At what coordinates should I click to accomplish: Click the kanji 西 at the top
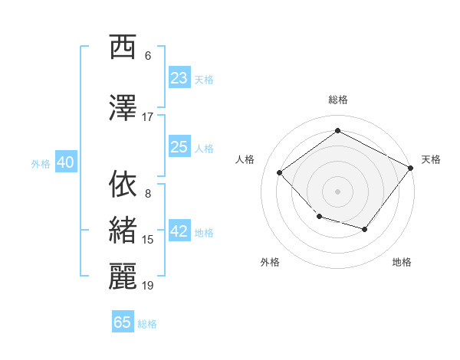click(123, 47)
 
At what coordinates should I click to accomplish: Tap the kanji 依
click(123, 184)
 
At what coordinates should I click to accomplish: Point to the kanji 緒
click(123, 231)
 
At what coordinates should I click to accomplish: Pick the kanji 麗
click(123, 277)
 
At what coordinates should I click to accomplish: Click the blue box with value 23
click(179, 77)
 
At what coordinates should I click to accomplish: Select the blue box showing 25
click(179, 147)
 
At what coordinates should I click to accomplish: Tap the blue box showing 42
click(179, 232)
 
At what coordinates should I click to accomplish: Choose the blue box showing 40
click(65, 162)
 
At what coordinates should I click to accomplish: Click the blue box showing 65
click(123, 322)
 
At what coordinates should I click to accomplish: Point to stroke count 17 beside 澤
click(148, 116)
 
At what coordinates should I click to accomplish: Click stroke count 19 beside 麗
click(148, 286)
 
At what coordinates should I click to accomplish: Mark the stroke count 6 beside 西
click(148, 56)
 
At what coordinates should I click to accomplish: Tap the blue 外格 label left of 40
click(41, 163)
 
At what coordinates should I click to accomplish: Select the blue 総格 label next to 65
click(147, 324)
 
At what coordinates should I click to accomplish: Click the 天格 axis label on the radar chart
click(431, 159)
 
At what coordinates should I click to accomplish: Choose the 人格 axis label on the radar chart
click(245, 159)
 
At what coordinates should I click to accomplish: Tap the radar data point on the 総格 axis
click(337, 131)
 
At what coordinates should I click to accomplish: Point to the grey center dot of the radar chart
click(337, 191)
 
